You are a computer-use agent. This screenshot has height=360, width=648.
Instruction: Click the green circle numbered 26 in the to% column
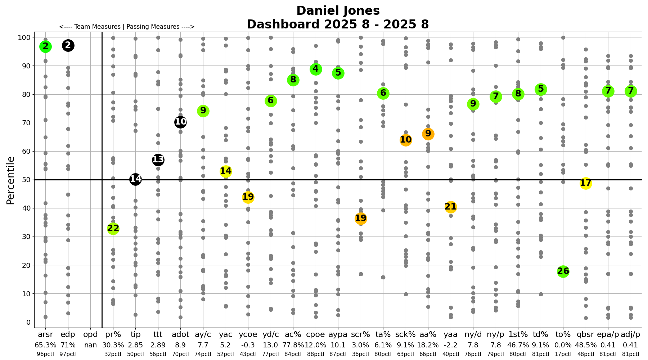click(x=563, y=271)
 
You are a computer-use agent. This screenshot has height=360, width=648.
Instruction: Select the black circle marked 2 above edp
click(x=68, y=45)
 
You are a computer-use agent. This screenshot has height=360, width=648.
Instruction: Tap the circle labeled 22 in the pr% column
click(x=113, y=228)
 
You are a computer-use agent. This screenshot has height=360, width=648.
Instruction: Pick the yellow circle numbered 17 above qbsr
click(x=586, y=183)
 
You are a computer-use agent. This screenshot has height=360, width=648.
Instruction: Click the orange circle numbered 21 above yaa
click(x=450, y=207)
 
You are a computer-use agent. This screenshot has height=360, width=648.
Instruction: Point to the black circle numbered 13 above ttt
click(x=158, y=160)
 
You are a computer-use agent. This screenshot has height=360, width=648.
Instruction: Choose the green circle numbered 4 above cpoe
click(x=316, y=69)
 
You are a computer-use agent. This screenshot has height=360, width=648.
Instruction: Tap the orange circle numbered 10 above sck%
click(x=406, y=140)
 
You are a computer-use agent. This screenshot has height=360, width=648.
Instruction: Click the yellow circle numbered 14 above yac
click(x=226, y=171)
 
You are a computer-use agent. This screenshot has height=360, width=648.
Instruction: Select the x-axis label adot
click(x=180, y=335)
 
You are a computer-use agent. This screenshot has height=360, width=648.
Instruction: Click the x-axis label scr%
click(x=360, y=335)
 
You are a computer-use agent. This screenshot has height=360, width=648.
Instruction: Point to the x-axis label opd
click(x=90, y=335)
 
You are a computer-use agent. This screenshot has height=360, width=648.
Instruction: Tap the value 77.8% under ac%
click(x=293, y=345)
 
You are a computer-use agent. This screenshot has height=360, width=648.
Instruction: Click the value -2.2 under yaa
click(x=450, y=345)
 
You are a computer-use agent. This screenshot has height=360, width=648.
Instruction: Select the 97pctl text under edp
click(x=68, y=354)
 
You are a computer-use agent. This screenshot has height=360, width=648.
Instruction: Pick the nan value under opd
click(x=90, y=345)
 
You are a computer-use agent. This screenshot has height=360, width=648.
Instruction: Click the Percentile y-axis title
click(x=11, y=180)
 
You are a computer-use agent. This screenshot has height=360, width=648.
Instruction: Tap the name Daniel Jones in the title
click(x=338, y=11)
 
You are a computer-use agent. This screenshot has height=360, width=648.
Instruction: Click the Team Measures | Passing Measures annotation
click(x=127, y=27)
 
